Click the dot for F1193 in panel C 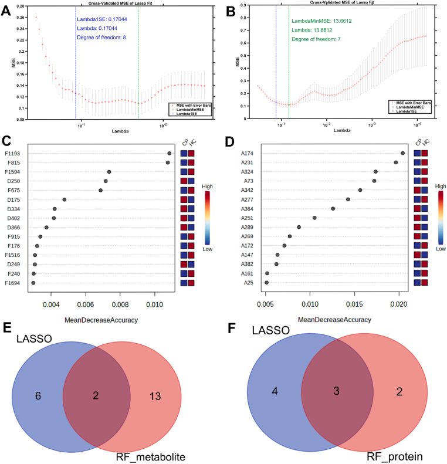[169, 154]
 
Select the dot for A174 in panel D [402, 153]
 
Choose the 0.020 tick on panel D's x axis [398, 305]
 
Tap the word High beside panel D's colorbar [441, 185]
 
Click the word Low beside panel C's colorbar [206, 249]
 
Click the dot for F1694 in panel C [33, 283]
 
